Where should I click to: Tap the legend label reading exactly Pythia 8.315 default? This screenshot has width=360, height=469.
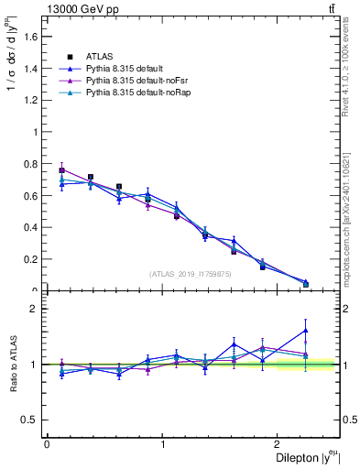(x=124, y=68)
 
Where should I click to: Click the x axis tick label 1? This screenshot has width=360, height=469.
(x=163, y=443)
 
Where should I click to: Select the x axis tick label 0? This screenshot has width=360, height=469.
(x=47, y=443)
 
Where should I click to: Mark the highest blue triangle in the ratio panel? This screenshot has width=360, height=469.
(x=305, y=330)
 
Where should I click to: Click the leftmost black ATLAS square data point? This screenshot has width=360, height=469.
(x=61, y=170)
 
